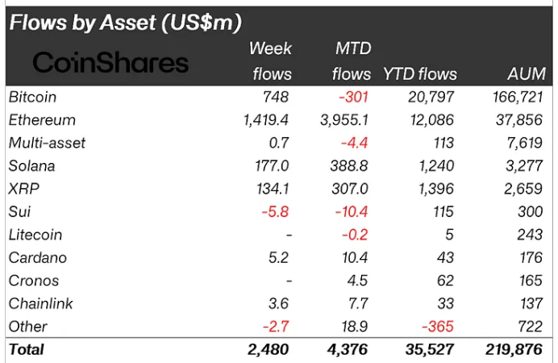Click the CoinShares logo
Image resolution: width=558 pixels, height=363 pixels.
[x=110, y=63]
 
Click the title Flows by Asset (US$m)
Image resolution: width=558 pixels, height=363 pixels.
[x=125, y=22]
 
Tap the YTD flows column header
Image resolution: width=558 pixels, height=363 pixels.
[x=419, y=74]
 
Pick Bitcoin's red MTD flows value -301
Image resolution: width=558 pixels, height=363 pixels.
[x=354, y=97]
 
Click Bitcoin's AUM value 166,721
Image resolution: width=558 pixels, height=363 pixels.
[x=517, y=97]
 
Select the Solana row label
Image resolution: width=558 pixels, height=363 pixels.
[x=31, y=166]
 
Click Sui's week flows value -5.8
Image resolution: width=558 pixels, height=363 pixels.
[x=273, y=212]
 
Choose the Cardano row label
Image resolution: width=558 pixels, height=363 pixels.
[x=37, y=258]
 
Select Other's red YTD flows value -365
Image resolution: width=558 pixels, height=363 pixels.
[x=439, y=327]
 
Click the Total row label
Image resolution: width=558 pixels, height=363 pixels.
[x=27, y=350]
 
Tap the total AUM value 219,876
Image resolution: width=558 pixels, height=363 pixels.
[x=515, y=350]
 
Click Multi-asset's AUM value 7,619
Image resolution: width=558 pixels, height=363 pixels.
[x=527, y=143]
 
